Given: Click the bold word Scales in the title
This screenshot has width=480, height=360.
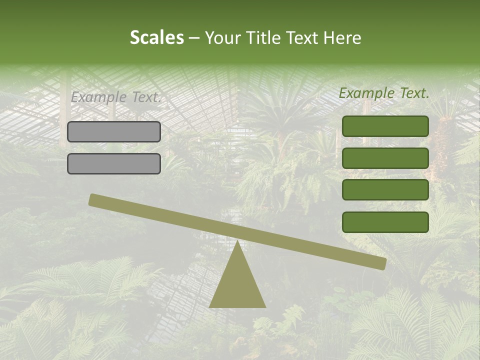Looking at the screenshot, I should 156,38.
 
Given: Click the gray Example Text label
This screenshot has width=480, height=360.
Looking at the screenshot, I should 115,97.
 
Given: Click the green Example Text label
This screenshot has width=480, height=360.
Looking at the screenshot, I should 384,93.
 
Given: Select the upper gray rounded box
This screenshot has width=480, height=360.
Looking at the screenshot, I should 114,131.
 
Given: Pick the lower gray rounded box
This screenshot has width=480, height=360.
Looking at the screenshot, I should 114,163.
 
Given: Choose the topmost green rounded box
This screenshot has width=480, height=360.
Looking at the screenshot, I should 385,126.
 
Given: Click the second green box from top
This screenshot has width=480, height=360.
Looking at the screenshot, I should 385,158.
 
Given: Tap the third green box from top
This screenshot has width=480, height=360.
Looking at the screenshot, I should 385,190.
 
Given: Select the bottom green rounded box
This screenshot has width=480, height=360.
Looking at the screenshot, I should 385,222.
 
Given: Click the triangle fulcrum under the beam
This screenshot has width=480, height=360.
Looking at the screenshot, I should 237,285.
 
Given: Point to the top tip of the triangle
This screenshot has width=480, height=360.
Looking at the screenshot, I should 237,241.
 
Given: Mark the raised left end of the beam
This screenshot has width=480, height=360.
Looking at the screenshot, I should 93,199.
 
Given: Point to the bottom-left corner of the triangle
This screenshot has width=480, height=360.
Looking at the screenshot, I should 210,306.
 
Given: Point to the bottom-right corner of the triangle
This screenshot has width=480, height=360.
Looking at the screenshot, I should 265,306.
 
